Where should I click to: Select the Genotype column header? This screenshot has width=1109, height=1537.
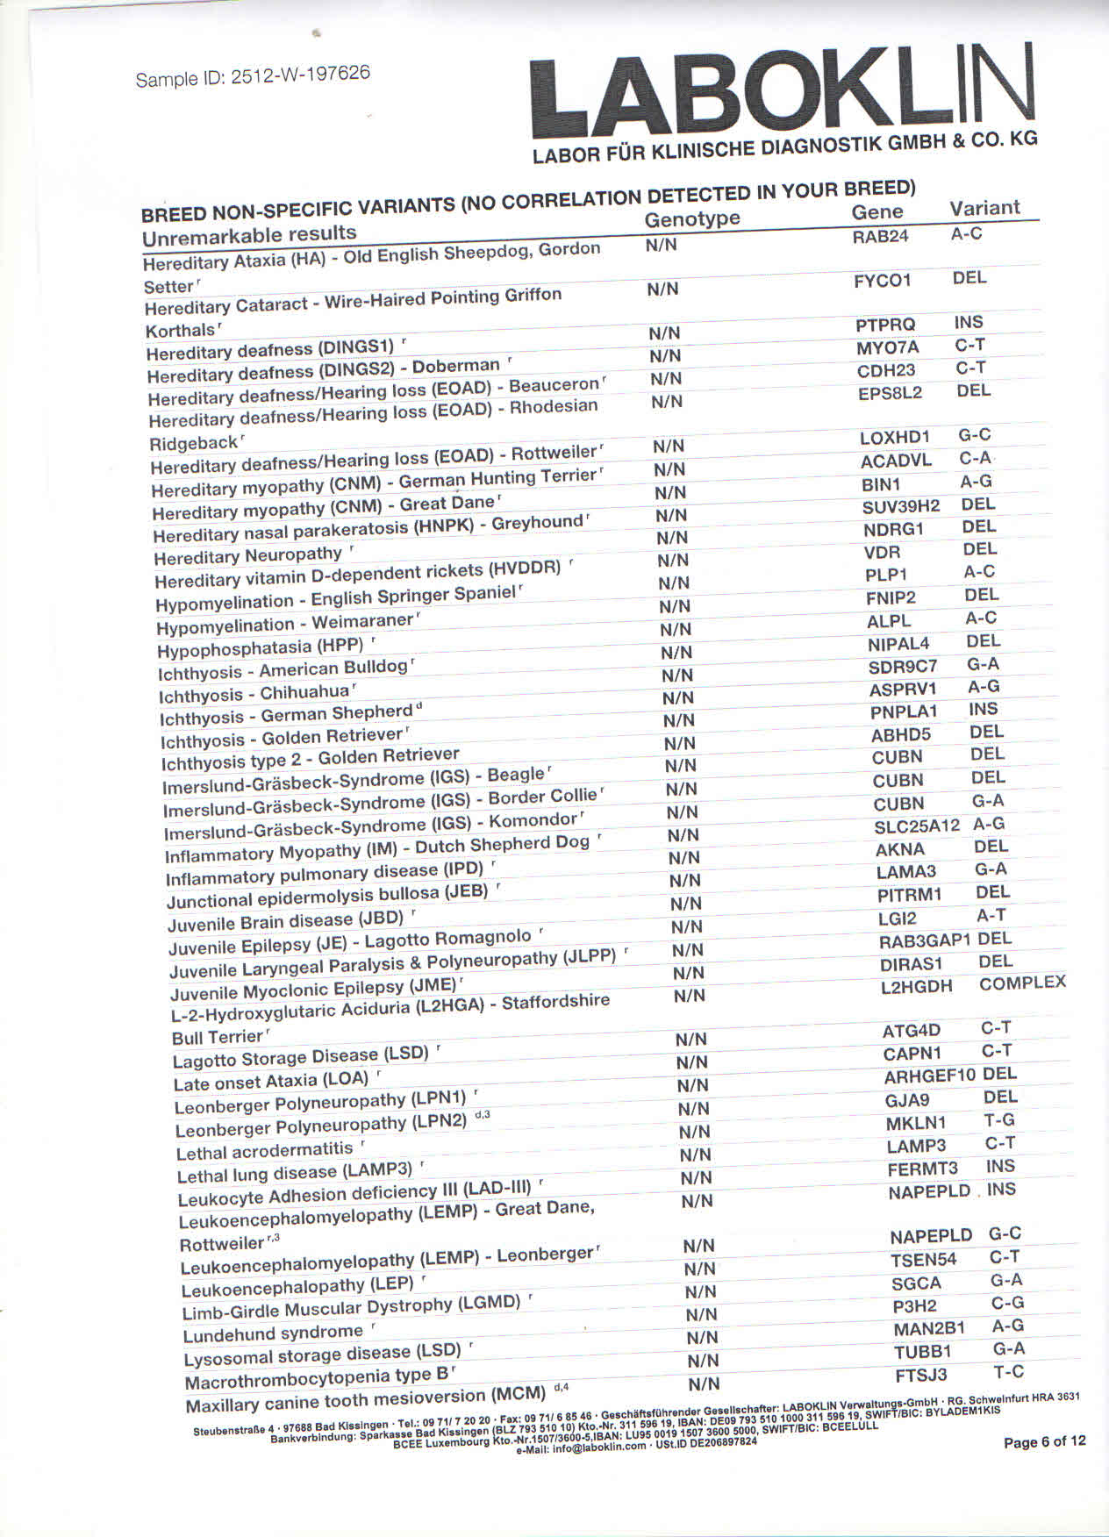click(x=692, y=219)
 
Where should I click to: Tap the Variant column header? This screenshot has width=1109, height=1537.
click(x=984, y=209)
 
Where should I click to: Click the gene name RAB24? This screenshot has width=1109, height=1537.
click(x=880, y=236)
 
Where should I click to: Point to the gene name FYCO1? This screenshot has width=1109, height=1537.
click(x=883, y=281)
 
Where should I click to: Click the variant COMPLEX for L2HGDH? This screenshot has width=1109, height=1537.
click(x=1022, y=983)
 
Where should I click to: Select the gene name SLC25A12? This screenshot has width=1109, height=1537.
click(x=916, y=826)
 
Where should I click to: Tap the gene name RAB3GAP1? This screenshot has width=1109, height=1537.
click(x=925, y=941)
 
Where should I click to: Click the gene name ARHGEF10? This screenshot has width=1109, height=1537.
click(x=929, y=1076)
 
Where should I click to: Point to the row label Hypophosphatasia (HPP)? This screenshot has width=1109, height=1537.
click(x=260, y=648)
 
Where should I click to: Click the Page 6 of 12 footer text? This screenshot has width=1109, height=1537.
click(x=1044, y=1441)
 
